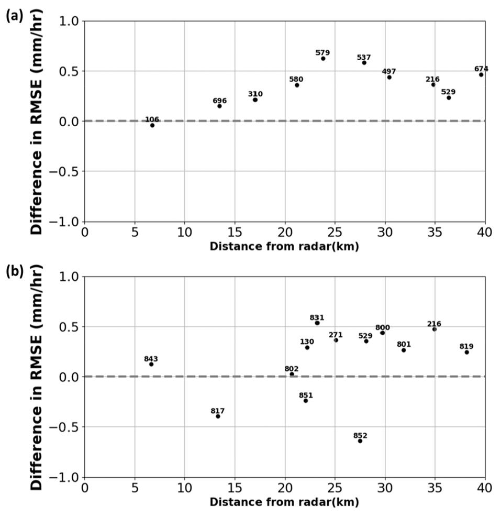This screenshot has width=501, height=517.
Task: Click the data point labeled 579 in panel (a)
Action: pos(323,58)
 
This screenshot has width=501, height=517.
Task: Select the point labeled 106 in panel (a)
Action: pos(152,125)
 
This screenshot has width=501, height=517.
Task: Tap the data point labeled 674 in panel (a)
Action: pos(481,74)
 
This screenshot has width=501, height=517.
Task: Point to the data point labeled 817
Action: pos(218,416)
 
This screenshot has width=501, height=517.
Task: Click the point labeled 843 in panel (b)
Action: pos(151,364)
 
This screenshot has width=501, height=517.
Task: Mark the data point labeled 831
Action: pos(317,323)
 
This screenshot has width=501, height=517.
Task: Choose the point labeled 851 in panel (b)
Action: pos(306,401)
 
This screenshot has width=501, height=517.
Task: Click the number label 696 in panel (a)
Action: pos(220,101)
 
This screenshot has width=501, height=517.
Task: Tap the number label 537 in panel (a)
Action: pos(364,57)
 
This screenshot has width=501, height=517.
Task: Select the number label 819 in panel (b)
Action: pos(466,346)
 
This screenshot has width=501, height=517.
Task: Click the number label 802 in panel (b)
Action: pos(292,369)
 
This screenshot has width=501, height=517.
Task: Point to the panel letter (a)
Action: pos(14,16)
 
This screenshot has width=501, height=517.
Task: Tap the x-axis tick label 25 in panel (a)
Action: pos(335,232)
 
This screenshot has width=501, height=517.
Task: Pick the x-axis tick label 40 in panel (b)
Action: pos(485,488)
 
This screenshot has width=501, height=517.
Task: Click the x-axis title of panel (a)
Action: pos(284,247)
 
